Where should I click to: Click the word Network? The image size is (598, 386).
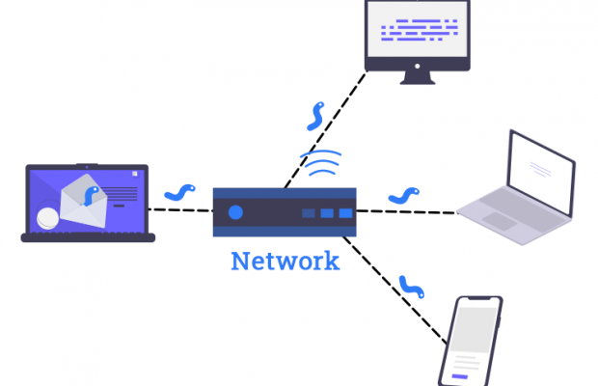pos(285,261)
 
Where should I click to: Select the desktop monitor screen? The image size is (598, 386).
pos(418,32)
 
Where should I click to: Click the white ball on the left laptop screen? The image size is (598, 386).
pos(46,220)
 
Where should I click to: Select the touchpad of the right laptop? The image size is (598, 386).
pos(500,221)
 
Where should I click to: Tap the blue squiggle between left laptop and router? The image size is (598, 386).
pos(180,193)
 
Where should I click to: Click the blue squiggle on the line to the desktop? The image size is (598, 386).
pos(313,116)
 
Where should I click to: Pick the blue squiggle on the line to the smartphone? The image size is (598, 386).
pos(412,286)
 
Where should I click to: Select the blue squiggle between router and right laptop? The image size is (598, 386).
pos(403,197)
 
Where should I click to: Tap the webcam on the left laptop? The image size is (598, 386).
pos(85,166)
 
